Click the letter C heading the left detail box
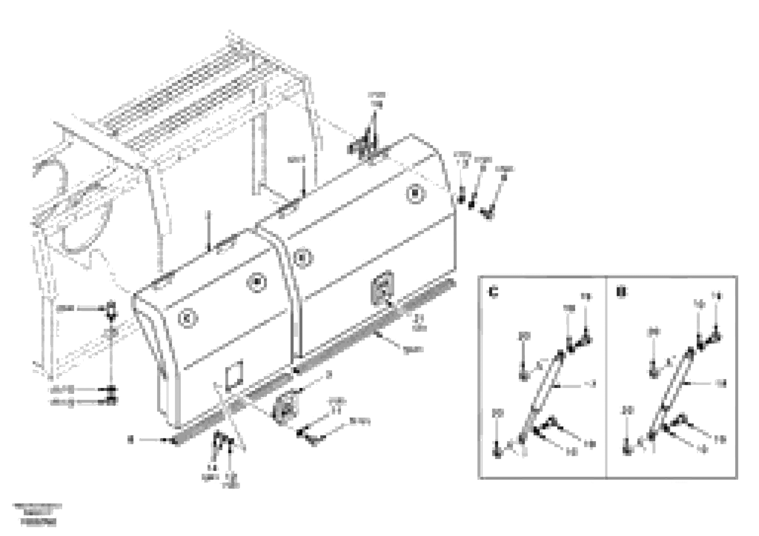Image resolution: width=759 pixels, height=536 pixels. click(493, 293)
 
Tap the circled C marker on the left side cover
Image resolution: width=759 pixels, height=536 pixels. click(188, 319)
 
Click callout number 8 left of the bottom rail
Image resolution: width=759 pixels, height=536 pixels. click(131, 440)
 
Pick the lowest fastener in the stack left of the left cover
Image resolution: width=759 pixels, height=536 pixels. click(113, 402)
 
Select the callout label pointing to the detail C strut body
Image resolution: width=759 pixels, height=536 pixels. click(593, 384)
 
